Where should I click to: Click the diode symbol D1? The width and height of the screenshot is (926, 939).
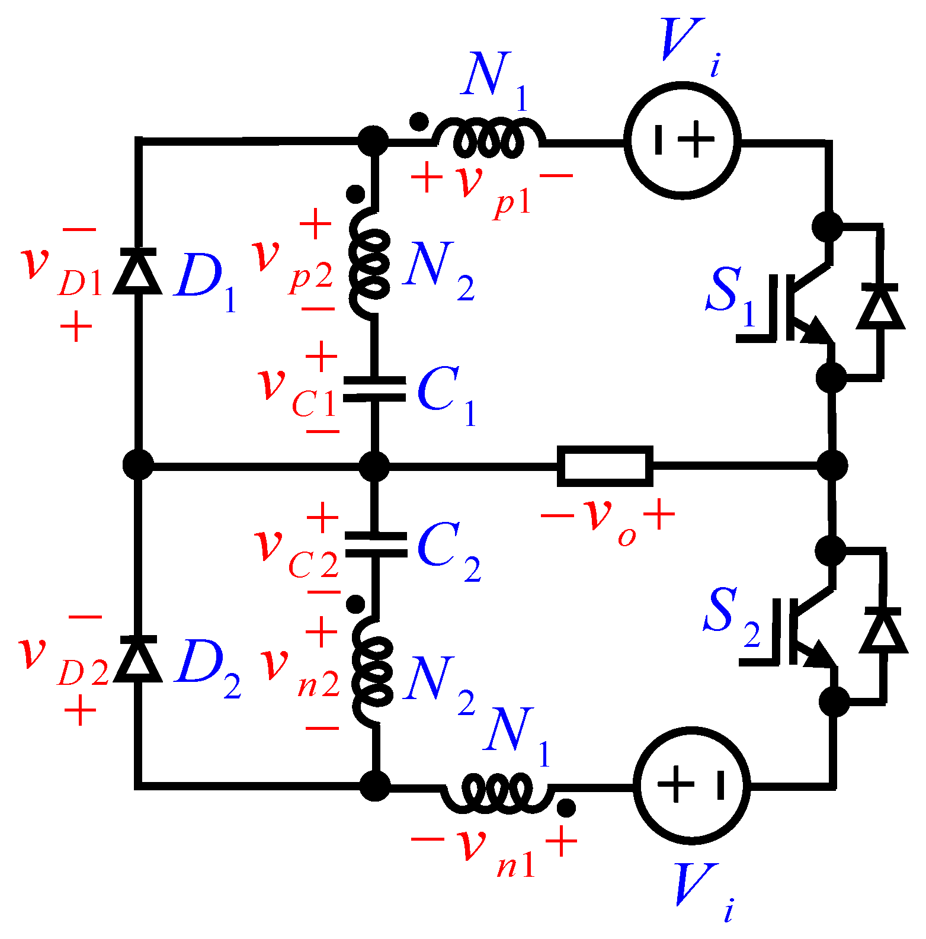(x=138, y=271)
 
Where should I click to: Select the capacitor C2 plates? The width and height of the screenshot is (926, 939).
(x=376, y=545)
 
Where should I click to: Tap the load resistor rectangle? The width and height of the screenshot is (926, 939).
(x=605, y=466)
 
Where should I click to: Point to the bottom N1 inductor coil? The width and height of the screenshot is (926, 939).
(x=498, y=792)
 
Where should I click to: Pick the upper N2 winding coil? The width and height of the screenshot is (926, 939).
(x=370, y=264)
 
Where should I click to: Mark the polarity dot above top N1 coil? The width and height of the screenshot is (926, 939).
(x=419, y=121)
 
